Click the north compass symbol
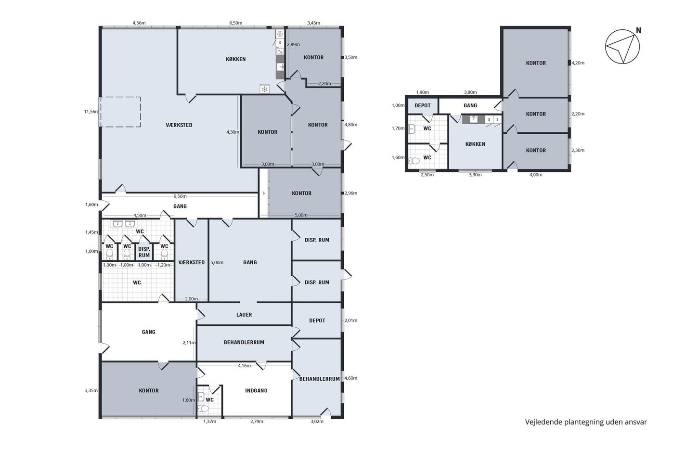(x=622, y=47)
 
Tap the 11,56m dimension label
(x=91, y=112)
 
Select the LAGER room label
(x=244, y=315)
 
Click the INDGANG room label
(x=256, y=390)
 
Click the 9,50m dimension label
(x=180, y=196)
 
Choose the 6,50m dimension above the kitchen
(x=235, y=23)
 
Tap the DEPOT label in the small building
(x=423, y=105)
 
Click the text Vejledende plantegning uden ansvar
(x=586, y=422)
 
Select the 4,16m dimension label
(x=244, y=366)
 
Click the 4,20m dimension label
(x=578, y=63)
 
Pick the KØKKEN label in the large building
(x=235, y=59)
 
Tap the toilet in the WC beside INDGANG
(x=203, y=409)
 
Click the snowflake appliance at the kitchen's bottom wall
(x=264, y=89)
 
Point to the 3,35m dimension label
(x=91, y=390)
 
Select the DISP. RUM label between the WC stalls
(x=144, y=252)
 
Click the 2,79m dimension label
(x=257, y=422)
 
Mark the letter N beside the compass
(x=638, y=30)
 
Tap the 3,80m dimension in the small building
(x=470, y=92)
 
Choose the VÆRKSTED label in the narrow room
(x=192, y=262)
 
